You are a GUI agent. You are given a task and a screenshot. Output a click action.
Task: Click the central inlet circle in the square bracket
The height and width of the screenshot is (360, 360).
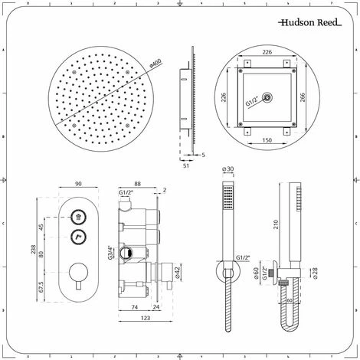268,97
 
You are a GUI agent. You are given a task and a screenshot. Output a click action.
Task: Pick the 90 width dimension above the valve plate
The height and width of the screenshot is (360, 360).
79,184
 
